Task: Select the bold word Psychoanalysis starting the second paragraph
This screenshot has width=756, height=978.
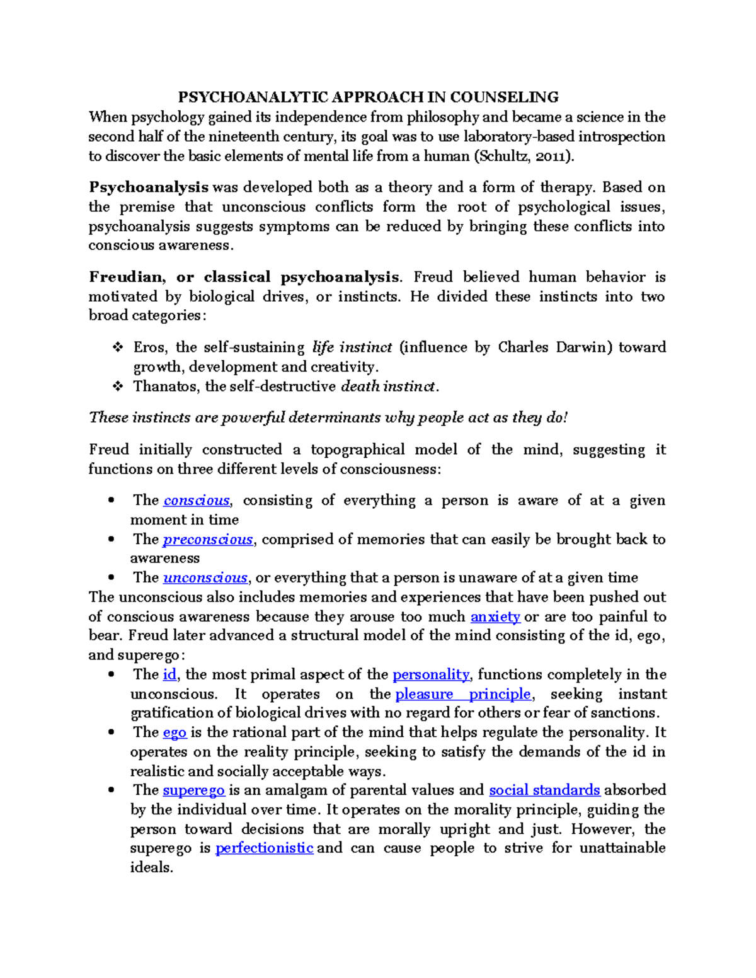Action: pyautogui.click(x=149, y=187)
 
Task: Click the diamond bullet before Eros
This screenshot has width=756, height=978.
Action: pyautogui.click(x=117, y=348)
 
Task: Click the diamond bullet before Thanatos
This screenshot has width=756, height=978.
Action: pyautogui.click(x=117, y=387)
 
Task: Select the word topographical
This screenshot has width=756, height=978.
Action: pyautogui.click(x=358, y=450)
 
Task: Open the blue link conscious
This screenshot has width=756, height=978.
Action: pyautogui.click(x=197, y=501)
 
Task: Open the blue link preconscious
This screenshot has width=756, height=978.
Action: pyautogui.click(x=207, y=540)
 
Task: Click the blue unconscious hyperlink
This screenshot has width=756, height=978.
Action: pyautogui.click(x=205, y=578)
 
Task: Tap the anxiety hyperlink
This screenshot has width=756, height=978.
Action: pyautogui.click(x=495, y=617)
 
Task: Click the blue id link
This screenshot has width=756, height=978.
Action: pyautogui.click(x=169, y=674)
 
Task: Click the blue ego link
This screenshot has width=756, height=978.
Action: pyautogui.click(x=175, y=732)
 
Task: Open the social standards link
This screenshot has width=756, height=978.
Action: pyautogui.click(x=544, y=790)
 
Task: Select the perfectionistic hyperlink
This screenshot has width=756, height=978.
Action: pyautogui.click(x=264, y=848)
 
